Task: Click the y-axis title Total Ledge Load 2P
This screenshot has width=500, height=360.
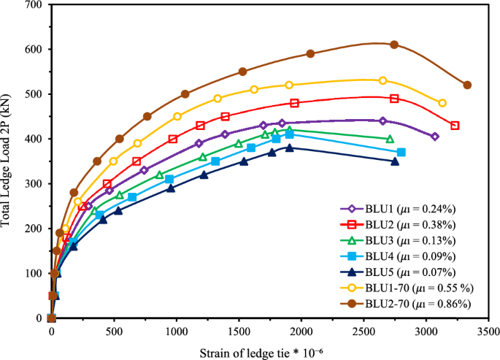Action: coord(10,160)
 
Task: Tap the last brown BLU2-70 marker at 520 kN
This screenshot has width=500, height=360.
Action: coord(467,85)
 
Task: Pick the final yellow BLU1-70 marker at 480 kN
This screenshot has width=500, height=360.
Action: coord(442,103)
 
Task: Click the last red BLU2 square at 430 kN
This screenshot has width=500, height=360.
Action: coord(455,126)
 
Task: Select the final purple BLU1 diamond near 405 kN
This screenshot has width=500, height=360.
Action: coord(435,137)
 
